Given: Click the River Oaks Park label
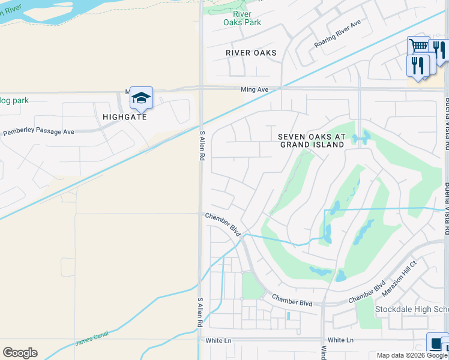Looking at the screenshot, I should pyautogui.click(x=242, y=18).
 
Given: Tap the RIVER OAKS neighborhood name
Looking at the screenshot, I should pyautogui.click(x=251, y=53).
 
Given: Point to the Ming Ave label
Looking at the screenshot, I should pyautogui.click(x=255, y=89).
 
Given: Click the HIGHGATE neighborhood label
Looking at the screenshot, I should pyautogui.click(x=124, y=117).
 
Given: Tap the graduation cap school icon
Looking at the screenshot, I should pyautogui.click(x=141, y=97).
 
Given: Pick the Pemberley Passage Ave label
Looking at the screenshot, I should pyautogui.click(x=38, y=131).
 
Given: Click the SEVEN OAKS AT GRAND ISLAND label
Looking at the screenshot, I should pyautogui.click(x=312, y=140).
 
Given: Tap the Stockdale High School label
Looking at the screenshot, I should pyautogui.click(x=411, y=310).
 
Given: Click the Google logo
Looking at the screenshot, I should pyautogui.click(x=20, y=353).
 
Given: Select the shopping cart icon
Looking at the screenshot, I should pyautogui.click(x=418, y=46).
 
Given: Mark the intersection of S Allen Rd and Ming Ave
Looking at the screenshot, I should pyautogui.click(x=201, y=89).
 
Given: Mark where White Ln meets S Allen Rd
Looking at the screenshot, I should pyautogui.click(x=202, y=340).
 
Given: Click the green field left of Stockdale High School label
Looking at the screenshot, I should pyautogui.click(x=364, y=311).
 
